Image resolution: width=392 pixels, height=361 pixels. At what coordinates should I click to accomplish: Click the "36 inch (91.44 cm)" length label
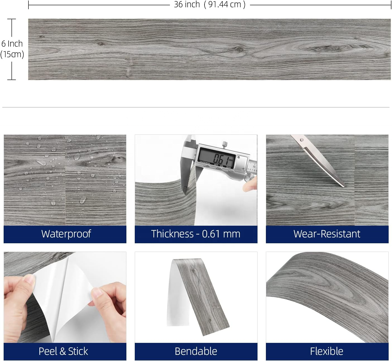210,4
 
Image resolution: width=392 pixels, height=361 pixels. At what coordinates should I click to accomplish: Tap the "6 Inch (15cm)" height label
12,49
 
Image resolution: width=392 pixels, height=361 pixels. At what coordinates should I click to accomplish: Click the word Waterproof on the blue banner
66,234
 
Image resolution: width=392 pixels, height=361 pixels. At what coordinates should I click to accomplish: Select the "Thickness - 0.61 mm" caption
196,234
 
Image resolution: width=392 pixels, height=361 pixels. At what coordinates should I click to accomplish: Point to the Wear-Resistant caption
327,234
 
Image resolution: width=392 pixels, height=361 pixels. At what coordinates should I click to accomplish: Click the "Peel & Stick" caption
63,351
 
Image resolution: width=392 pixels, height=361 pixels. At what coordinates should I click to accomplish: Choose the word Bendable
196,351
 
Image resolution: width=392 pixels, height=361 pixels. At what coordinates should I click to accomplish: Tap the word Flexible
326,351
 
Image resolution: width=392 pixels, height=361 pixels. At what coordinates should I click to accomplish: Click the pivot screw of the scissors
302,140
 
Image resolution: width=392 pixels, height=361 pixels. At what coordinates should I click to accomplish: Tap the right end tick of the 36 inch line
391,5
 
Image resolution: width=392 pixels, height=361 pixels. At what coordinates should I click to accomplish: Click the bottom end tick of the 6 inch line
11,80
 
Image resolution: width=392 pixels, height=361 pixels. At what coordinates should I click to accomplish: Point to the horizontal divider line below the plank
196,107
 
